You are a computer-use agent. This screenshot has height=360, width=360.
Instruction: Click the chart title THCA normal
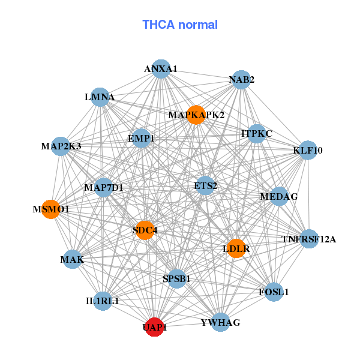coord(179,25)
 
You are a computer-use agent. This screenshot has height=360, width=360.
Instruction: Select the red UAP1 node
coord(155,327)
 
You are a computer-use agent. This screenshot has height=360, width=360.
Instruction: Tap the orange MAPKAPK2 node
coord(196,115)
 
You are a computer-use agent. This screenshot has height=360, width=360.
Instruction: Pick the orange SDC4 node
coord(145,230)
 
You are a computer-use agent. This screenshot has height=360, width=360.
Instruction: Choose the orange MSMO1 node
coord(51,209)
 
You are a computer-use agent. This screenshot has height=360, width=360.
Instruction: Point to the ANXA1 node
coord(161,69)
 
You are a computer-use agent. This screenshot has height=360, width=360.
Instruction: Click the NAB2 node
coord(241,80)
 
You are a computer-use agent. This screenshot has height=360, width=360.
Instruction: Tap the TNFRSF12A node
coord(309,239)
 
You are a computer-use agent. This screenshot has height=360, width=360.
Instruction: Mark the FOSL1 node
coord(274,292)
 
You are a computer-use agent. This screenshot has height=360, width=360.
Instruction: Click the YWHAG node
coord(221,322)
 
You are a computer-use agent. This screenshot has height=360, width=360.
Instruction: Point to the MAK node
coord(72,259)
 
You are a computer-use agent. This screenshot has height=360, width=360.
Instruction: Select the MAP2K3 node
coord(61,146)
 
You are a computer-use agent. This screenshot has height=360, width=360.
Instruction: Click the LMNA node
coord(100,97)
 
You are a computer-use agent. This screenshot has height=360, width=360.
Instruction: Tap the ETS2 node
coord(205,185)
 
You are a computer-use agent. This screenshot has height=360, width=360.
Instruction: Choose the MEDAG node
coord(279,196)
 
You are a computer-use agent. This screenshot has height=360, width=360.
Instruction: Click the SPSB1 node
coord(176,278)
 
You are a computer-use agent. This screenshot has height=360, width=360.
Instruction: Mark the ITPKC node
coord(257,133)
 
